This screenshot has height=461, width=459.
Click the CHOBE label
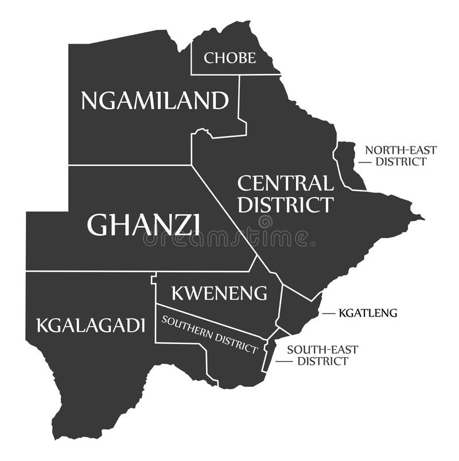click(x=229, y=57)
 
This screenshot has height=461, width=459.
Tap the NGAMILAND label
click(x=154, y=101)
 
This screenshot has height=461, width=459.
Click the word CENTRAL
click(x=285, y=184)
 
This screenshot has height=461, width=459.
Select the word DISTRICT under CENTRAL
click(x=285, y=204)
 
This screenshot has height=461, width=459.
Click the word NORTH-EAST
click(x=401, y=150)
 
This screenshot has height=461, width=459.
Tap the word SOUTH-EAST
click(x=322, y=349)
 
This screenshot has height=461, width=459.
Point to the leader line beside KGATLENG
click(x=328, y=313)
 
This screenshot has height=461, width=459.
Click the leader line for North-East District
click(x=365, y=162)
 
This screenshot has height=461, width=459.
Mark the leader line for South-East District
click(x=283, y=362)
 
